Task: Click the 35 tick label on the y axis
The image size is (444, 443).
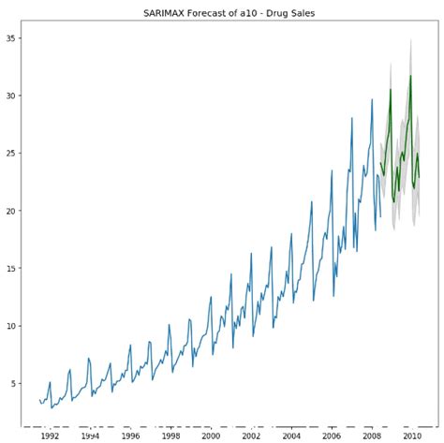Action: (x=14, y=38)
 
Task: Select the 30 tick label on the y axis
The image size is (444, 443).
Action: (x=14, y=96)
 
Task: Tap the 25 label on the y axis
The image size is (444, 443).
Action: (x=14, y=154)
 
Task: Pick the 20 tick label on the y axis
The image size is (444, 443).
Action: (x=14, y=211)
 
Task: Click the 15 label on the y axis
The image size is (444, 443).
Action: (x=14, y=269)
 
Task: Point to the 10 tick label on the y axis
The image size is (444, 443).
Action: (x=14, y=326)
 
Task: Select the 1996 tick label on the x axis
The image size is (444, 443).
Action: (x=130, y=436)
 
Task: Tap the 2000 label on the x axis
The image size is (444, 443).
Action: (x=211, y=436)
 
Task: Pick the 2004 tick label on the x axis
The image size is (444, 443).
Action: (x=291, y=436)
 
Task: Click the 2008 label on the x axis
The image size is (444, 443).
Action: (x=372, y=436)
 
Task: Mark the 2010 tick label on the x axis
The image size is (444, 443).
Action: (x=412, y=436)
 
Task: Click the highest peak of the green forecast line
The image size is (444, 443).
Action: (x=410, y=76)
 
